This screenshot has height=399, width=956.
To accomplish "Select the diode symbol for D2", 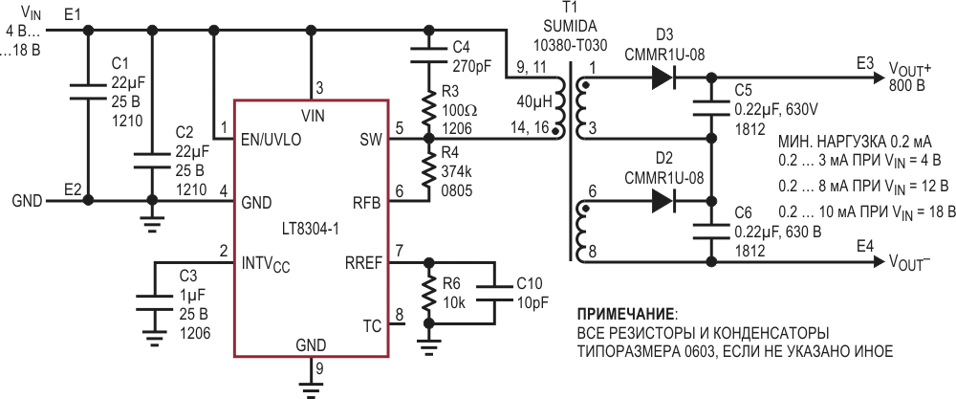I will (x=663, y=201).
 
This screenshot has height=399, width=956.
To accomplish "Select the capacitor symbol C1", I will (x=88, y=92).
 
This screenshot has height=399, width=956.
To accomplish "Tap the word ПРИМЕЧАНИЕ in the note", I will (x=620, y=313).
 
